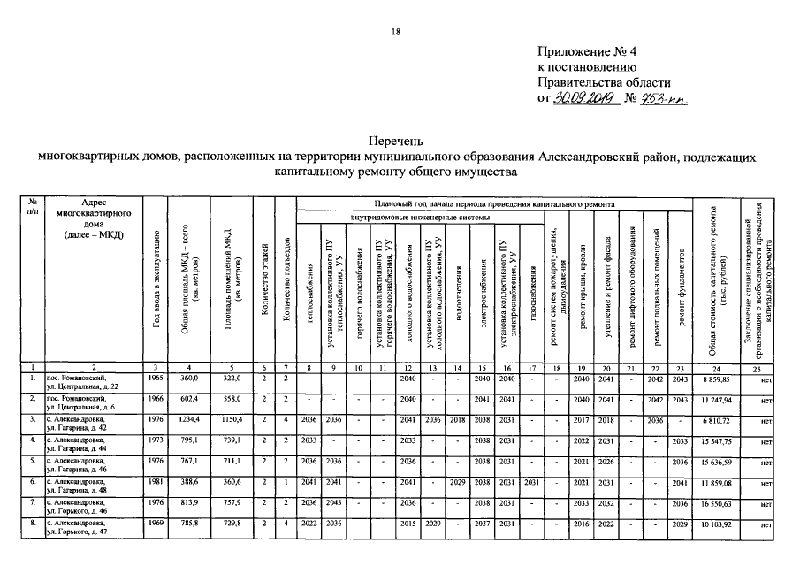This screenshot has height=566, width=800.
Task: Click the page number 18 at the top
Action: tap(396, 33)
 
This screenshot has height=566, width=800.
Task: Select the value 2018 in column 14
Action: tap(457, 418)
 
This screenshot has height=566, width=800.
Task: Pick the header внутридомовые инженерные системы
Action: tap(418, 216)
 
